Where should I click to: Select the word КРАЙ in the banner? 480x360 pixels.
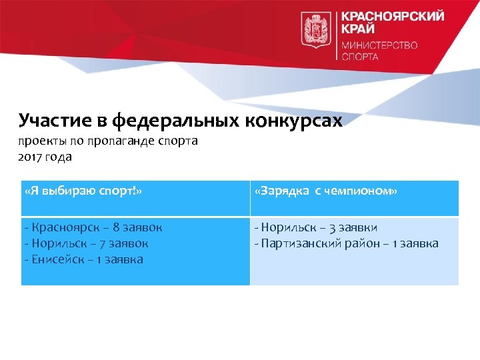click(x=358, y=30)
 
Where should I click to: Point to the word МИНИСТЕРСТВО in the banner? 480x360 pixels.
click(x=379, y=46)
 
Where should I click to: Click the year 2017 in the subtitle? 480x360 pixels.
click(x=31, y=157)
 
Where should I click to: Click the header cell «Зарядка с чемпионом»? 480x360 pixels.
click(x=326, y=191)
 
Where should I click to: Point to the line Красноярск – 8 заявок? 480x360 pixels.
click(x=93, y=227)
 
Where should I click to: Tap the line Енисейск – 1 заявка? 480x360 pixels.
click(x=83, y=259)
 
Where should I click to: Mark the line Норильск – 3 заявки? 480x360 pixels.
click(x=316, y=227)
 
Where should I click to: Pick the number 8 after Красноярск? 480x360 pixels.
click(x=117, y=227)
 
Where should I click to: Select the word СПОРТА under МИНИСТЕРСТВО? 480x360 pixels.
click(x=360, y=57)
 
